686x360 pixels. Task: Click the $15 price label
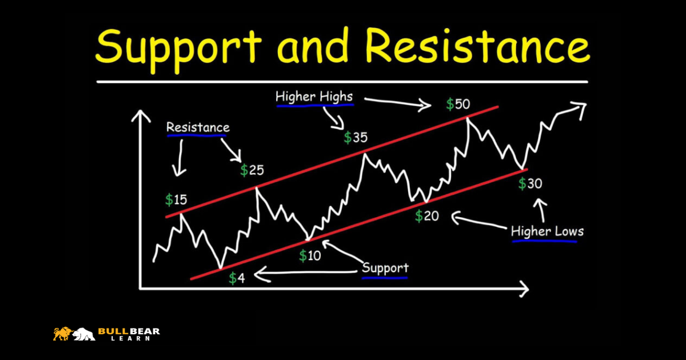(x=176, y=199)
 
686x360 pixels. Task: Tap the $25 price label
(x=252, y=170)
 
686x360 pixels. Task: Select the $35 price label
(x=356, y=138)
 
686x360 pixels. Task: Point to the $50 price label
(x=458, y=104)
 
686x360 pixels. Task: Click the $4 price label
(x=237, y=278)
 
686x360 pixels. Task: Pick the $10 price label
(x=310, y=255)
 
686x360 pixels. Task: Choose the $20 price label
(x=427, y=216)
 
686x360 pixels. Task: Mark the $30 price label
(x=530, y=183)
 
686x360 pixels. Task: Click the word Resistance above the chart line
(x=198, y=127)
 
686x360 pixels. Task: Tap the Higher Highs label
(x=314, y=97)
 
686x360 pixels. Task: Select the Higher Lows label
(x=547, y=231)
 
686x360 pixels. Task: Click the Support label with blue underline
(x=385, y=268)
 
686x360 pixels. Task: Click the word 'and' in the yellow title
(x=313, y=46)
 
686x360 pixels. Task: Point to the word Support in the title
(x=178, y=49)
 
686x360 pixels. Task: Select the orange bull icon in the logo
(x=63, y=334)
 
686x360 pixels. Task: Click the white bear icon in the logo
(x=84, y=334)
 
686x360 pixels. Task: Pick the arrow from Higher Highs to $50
(x=398, y=103)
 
